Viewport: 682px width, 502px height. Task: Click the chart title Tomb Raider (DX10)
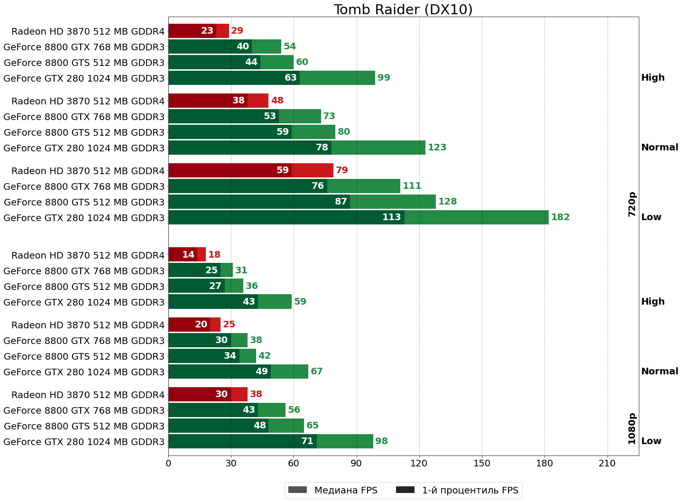(403, 9)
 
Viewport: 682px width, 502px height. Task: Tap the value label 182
(560, 217)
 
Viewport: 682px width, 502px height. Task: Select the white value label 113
(392, 217)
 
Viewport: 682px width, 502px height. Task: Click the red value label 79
(341, 170)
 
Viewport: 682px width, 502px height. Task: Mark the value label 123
(437, 148)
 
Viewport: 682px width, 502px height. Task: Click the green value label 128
(447, 202)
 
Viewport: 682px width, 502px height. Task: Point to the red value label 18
(214, 255)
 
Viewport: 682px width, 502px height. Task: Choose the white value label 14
(188, 255)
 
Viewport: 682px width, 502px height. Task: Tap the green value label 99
(384, 78)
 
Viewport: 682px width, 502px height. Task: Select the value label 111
(412, 186)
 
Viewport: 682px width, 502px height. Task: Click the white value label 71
(307, 441)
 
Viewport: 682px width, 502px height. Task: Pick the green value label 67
(316, 372)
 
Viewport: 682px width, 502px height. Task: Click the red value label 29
(237, 31)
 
